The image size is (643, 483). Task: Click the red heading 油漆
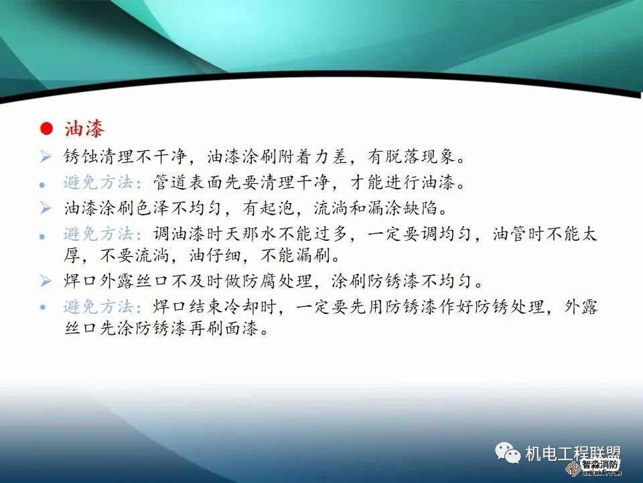coord(85,128)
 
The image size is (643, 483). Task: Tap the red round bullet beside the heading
coord(46,129)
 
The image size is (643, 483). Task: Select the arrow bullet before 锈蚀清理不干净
coord(45,157)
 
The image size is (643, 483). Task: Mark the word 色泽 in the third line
coord(153,208)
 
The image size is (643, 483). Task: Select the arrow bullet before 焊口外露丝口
coord(45,281)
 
